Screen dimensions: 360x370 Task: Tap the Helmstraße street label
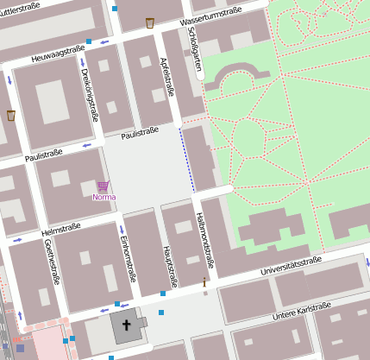coord(60,229)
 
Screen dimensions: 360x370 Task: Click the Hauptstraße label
coord(171,265)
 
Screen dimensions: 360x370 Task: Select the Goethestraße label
coord(53,262)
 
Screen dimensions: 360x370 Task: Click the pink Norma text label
coord(103,197)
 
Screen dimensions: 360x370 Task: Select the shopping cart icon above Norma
coord(103,186)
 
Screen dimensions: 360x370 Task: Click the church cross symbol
coord(126,326)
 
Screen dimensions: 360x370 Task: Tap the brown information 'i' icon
coord(204,282)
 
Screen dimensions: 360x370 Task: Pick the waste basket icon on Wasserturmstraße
coord(150,22)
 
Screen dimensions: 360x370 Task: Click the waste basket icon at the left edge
coord(11,115)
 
